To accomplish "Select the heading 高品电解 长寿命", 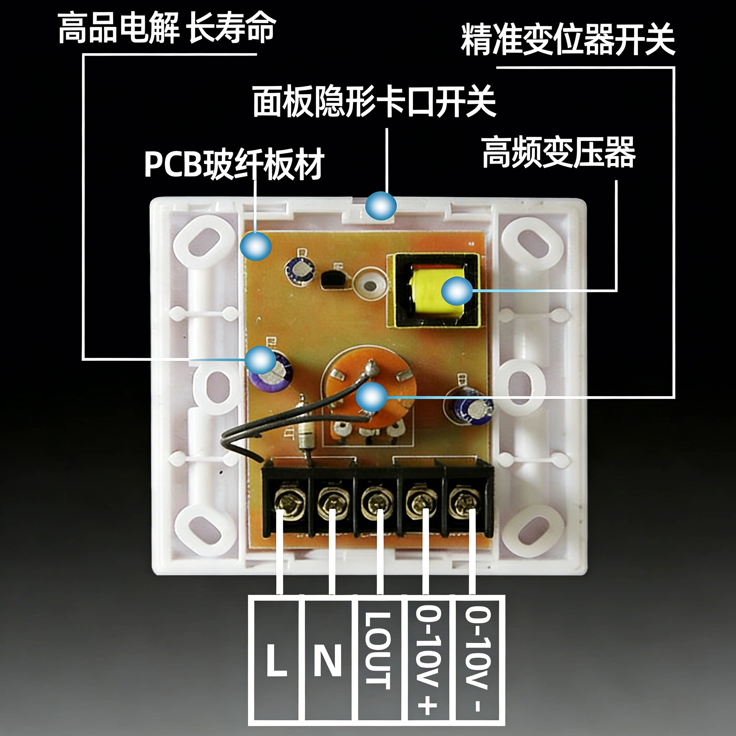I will pos(166,27).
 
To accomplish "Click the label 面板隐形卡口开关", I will pos(374,101).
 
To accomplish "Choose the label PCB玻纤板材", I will pos(234,164).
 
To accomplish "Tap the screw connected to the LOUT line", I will pos(377,503).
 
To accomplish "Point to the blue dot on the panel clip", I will pos(381,206).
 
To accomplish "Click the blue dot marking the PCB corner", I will pos(256,246).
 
